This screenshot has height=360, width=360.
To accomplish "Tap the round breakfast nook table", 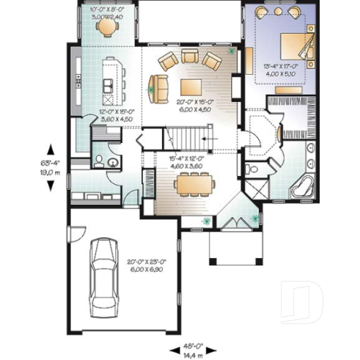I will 107,27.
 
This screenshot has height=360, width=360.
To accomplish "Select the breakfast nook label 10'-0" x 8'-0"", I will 106,13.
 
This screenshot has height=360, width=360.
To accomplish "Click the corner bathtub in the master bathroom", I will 304,185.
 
